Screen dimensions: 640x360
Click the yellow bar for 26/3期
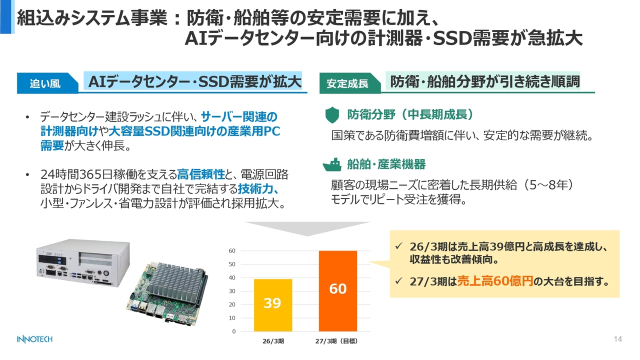273,305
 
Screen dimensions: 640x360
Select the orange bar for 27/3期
337,291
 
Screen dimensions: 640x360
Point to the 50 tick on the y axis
232,264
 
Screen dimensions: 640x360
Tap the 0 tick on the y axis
233,331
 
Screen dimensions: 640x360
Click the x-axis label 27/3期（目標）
336,341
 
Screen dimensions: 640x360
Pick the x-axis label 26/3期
273,341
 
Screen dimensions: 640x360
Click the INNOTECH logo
34,339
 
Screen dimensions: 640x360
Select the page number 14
617,339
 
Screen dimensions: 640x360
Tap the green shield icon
332,115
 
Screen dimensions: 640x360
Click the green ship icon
332,164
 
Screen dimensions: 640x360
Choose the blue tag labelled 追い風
47,83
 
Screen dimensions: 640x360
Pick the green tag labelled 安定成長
350,83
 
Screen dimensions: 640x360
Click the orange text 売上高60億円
495,281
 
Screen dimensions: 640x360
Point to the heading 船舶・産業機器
386,164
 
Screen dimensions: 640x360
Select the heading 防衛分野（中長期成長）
411,114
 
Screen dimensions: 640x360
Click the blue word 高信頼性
201,174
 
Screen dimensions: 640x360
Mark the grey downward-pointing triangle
307,228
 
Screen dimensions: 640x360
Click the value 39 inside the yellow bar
272,303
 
